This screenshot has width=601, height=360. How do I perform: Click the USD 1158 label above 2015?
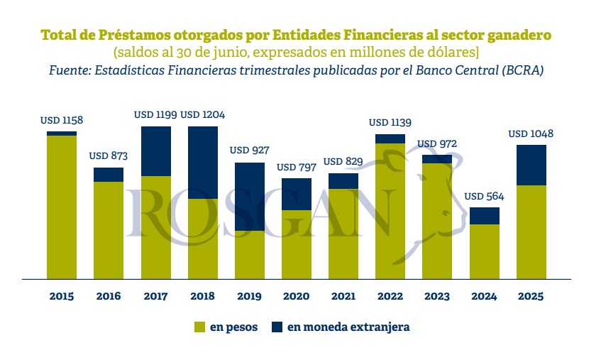[62, 121]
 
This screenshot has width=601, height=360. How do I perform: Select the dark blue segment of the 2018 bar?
[202, 162]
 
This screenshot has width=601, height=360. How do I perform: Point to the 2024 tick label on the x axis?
[485, 296]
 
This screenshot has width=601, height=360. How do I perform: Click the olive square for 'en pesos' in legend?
[199, 327]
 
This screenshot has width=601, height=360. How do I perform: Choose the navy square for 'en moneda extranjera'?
[277, 327]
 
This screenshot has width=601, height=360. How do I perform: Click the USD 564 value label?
[485, 196]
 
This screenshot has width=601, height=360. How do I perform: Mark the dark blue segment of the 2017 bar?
[155, 151]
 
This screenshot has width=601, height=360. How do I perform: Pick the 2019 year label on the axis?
[249, 296]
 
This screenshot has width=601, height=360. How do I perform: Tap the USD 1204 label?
[202, 114]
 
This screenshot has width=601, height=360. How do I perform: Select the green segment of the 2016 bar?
[109, 230]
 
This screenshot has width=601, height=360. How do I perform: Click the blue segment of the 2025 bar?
[531, 165]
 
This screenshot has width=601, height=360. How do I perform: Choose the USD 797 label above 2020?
[296, 167]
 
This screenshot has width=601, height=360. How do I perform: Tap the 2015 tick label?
[62, 296]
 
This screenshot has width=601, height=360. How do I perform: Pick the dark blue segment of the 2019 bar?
[249, 197]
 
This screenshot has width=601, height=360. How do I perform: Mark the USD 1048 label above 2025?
[531, 133]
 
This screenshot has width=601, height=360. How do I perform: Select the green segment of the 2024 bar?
[485, 251]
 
